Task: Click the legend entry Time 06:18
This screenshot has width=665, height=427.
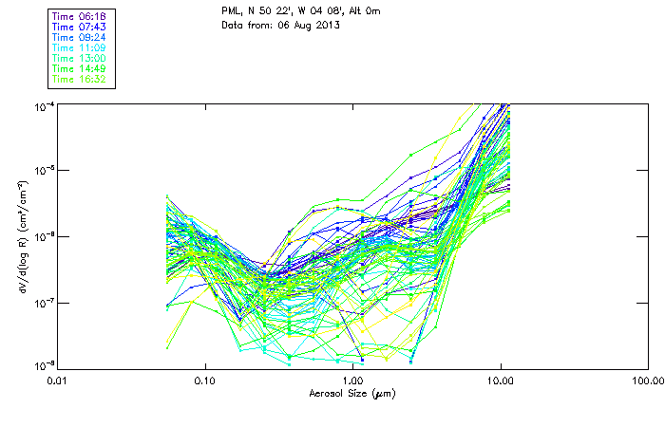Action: point(79,16)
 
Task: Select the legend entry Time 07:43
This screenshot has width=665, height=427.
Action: point(79,27)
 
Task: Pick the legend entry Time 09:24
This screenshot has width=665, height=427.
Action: point(79,37)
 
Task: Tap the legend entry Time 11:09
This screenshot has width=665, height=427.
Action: point(79,47)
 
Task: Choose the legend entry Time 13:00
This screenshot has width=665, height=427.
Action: point(79,58)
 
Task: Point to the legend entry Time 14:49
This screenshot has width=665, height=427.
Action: point(79,68)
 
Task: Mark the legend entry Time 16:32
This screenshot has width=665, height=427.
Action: point(79,79)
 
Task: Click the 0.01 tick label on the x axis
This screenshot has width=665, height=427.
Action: point(57,381)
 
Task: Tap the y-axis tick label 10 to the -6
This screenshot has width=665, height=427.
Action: point(44,236)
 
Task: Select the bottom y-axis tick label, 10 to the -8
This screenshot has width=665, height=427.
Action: point(44,366)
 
